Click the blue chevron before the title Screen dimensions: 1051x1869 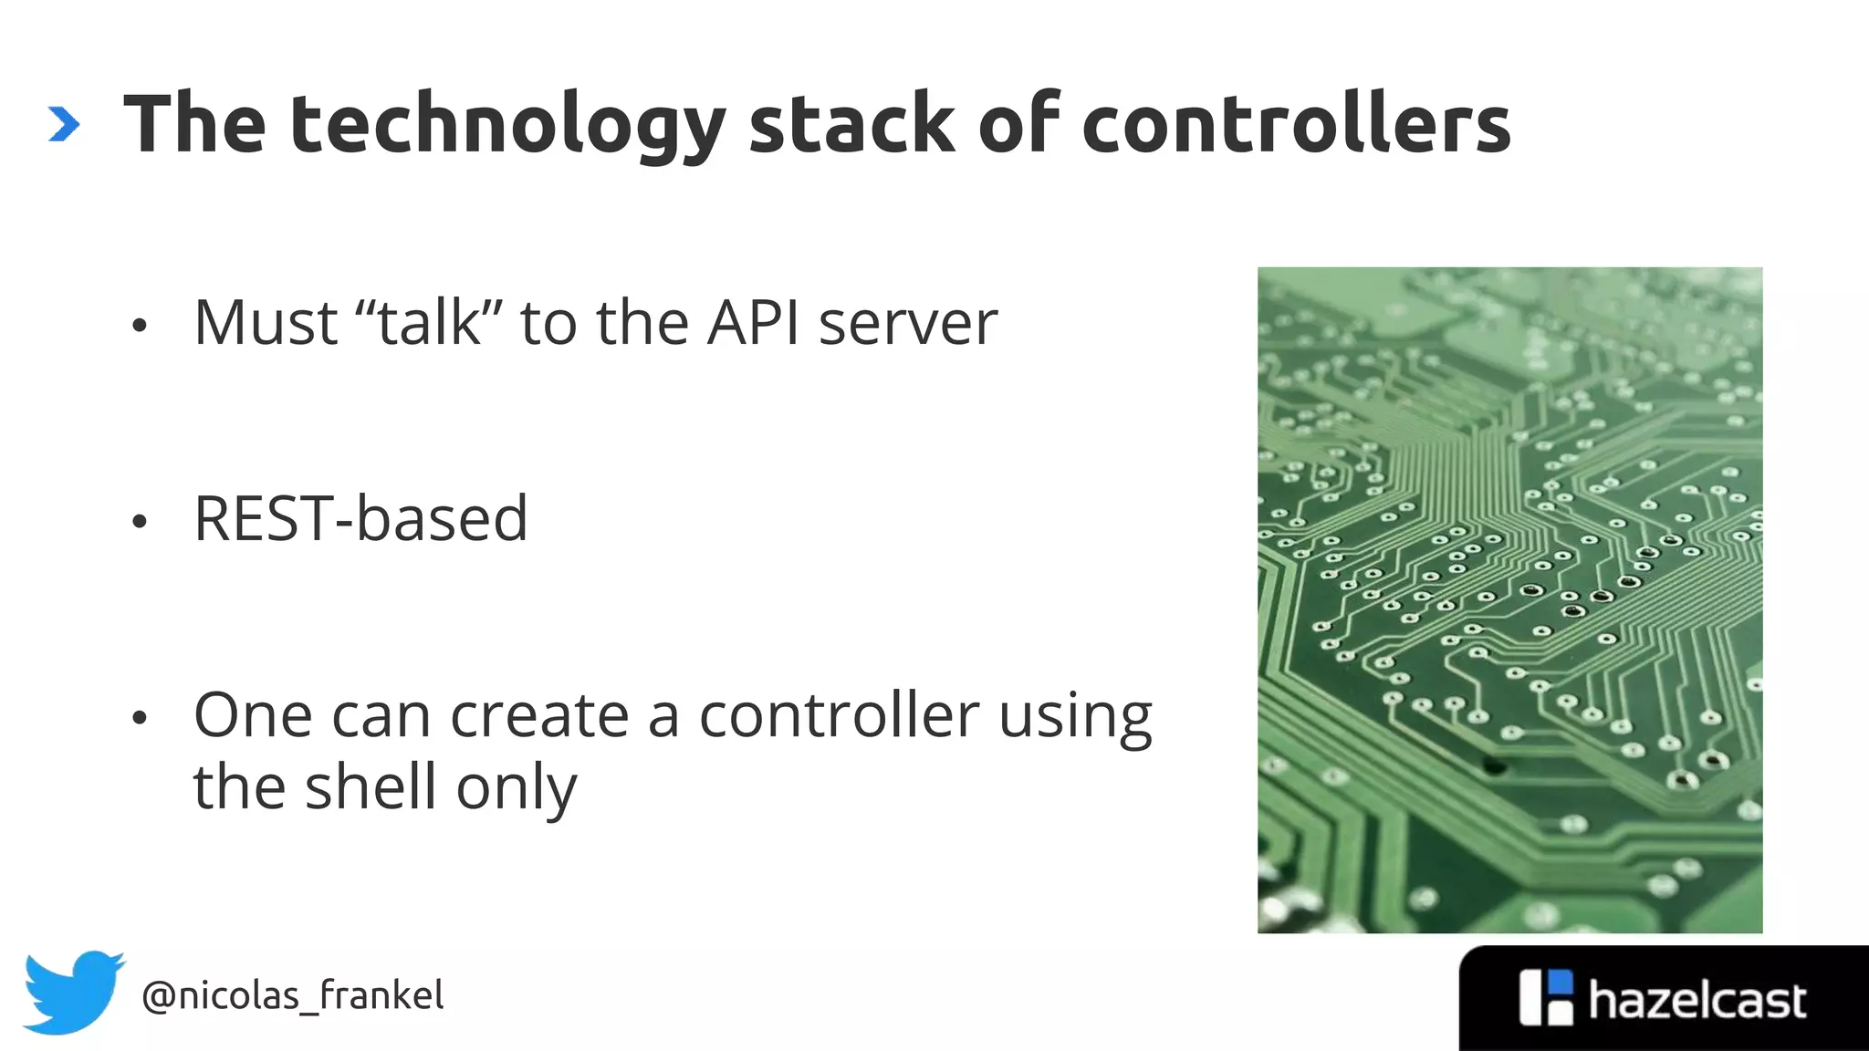coord(64,125)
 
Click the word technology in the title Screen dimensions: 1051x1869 coord(507,125)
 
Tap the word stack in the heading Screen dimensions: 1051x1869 coord(851,125)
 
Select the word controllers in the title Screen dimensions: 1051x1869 coord(1296,125)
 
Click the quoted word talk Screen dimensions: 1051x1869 coord(429,323)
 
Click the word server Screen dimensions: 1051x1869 coord(908,325)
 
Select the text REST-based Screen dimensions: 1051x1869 coord(360,518)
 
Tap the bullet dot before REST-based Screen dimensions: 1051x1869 coord(139,522)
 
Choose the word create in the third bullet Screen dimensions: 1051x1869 coord(538,715)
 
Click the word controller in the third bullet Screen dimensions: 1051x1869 coord(839,715)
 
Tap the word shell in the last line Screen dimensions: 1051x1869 coord(371,786)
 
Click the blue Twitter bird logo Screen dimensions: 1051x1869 coord(73,993)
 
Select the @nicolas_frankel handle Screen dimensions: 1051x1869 coord(293,995)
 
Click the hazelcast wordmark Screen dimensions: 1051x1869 coord(1697,1001)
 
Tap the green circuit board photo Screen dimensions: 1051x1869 coord(1509,599)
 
